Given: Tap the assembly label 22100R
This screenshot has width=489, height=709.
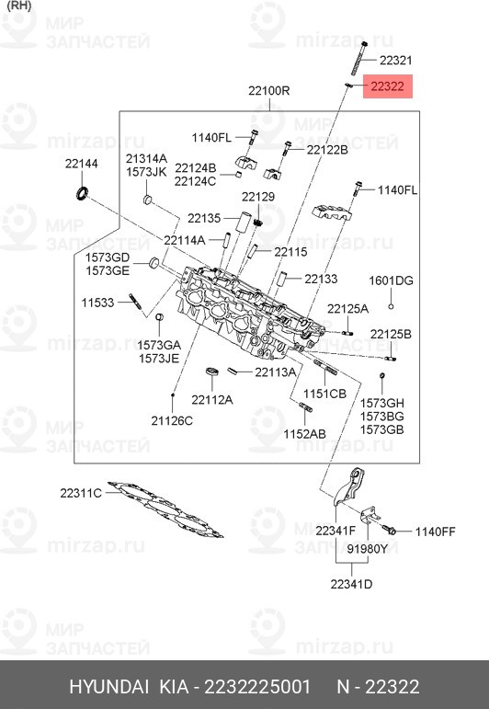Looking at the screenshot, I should tap(268, 90).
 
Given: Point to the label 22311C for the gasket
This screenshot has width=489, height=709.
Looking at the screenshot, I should tap(81, 493).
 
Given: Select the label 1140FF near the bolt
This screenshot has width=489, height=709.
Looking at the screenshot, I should tap(436, 531).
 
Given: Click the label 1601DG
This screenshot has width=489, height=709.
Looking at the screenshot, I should tap(392, 280).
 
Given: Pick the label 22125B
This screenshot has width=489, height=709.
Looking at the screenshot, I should tap(391, 333).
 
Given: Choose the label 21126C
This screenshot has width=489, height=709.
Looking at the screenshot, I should tap(172, 420).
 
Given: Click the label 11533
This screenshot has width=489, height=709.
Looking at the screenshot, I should tap(97, 303).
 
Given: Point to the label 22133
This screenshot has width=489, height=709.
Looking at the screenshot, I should tap(322, 278).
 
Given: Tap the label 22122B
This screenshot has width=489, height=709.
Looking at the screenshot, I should tap(327, 149).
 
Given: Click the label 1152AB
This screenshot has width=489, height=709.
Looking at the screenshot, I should tap(304, 433).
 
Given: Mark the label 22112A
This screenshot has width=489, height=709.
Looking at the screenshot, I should tap(212, 399).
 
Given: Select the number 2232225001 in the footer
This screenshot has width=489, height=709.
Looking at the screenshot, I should tap(258, 688).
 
